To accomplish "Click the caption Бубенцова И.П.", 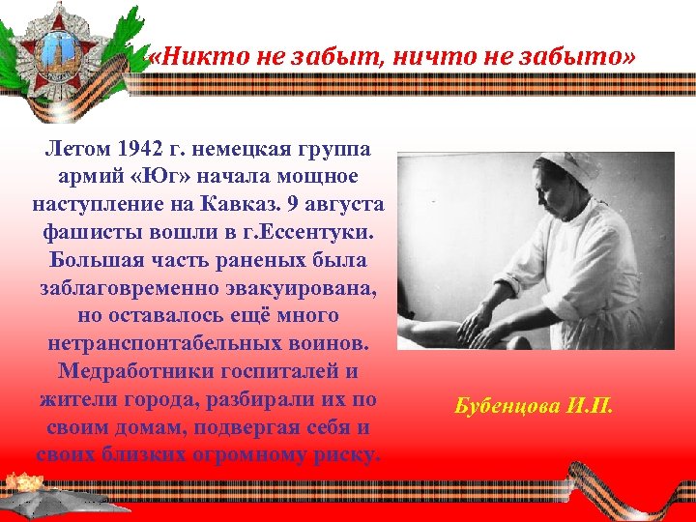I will pyautogui.click(x=533, y=405).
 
